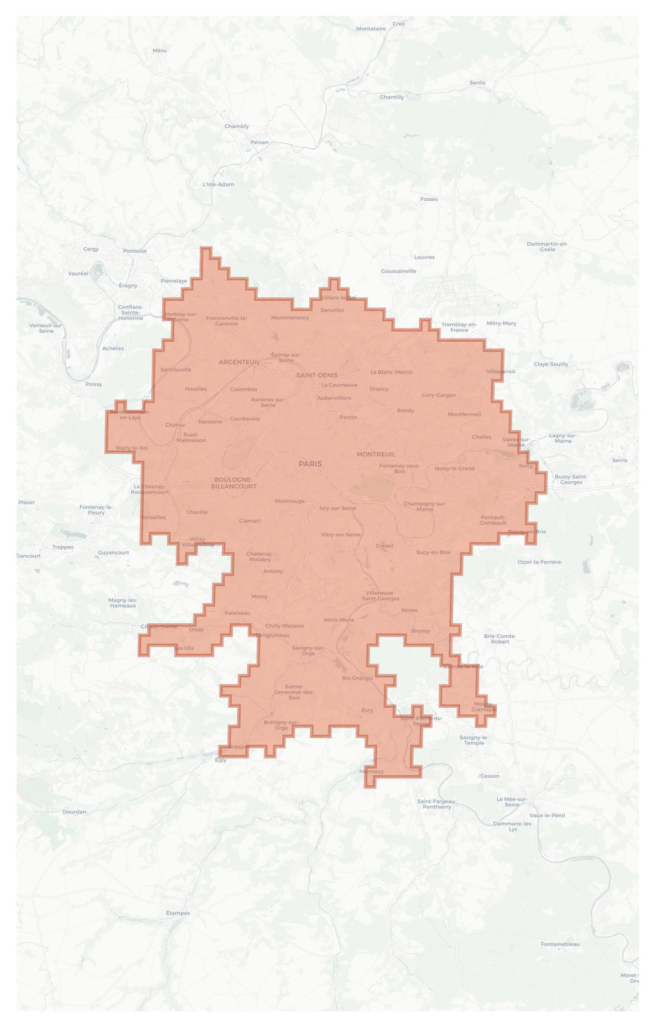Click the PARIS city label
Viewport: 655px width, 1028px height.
tap(310, 464)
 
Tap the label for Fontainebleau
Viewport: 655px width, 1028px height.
tap(560, 944)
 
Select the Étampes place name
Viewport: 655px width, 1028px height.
tap(178, 913)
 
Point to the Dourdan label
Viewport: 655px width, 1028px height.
tap(74, 812)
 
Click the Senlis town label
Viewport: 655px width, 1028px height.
tap(477, 82)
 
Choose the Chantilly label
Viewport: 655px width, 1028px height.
tap(392, 97)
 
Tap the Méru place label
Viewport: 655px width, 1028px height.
tap(159, 50)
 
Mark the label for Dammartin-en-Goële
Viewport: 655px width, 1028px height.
tap(547, 247)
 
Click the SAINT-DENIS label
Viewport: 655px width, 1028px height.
tap(317, 375)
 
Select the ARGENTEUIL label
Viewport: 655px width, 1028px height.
tap(239, 362)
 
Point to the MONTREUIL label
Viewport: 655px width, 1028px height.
tap(376, 454)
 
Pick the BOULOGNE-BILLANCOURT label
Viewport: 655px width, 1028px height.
tap(233, 483)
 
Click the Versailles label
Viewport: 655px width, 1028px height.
tap(153, 517)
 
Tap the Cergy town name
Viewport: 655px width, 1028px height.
tap(91, 249)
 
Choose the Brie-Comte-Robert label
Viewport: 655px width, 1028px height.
tap(500, 639)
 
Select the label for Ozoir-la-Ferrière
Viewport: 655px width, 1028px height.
tap(539, 562)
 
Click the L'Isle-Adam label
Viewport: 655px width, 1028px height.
tap(218, 184)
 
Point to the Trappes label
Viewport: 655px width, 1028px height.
tap(63, 547)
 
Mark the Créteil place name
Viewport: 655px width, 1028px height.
tap(384, 546)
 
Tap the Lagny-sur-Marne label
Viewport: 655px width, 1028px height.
tap(563, 438)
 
